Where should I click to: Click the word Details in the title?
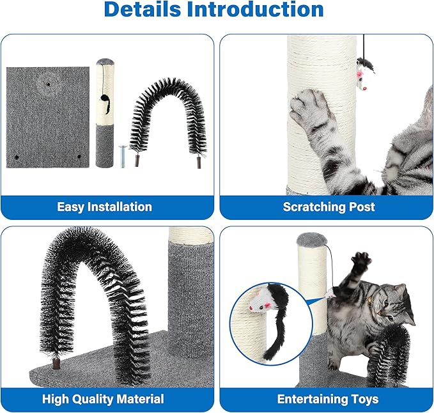pyautogui.click(x=143, y=9)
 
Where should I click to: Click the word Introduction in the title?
pyautogui.click(x=255, y=9)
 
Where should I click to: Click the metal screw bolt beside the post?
pyautogui.click(x=123, y=157)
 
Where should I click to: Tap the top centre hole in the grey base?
pyautogui.click(x=49, y=84)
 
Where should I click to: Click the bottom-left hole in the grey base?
pyautogui.click(x=17, y=157)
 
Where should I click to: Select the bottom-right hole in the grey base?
pyautogui.click(x=79, y=157)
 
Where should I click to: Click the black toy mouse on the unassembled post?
pyautogui.click(x=105, y=104)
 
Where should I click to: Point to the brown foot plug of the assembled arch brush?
pyautogui.click(x=56, y=363)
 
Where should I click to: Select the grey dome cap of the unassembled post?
pyautogui.click(x=105, y=61)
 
